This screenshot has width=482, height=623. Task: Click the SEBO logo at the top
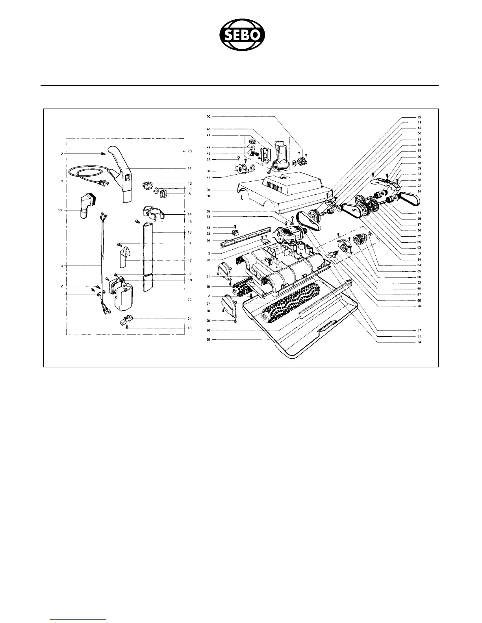point(242,36)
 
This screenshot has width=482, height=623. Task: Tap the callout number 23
point(190,151)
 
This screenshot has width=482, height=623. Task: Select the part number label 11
point(189,168)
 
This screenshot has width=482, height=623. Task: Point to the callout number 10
point(60,210)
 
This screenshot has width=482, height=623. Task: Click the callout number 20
point(189,300)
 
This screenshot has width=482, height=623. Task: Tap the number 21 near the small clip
point(189,319)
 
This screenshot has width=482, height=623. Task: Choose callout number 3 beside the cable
point(62,266)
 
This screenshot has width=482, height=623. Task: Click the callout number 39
point(208,190)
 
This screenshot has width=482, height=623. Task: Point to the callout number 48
point(208,129)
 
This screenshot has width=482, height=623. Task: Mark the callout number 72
point(419,185)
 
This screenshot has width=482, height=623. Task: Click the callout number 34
point(419,342)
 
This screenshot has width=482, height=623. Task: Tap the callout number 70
point(419,306)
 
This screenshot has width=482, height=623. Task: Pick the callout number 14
point(189,214)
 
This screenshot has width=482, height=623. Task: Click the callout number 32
point(208,260)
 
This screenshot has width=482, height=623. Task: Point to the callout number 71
point(419,122)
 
